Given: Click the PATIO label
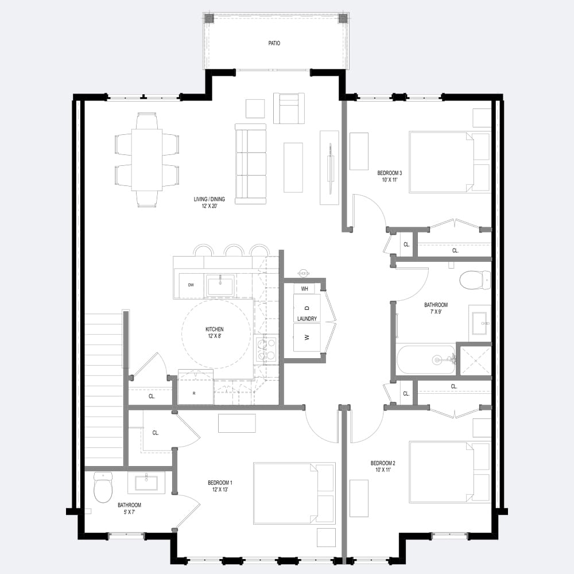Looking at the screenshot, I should tap(274, 43).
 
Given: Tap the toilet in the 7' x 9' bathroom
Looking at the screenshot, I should tap(474, 280).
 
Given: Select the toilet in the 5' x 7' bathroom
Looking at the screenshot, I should tap(103, 487).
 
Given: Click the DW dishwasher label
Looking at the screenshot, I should tap(191, 285).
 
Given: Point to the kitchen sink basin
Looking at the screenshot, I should tap(220, 285).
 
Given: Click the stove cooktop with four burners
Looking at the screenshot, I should tap(266, 350).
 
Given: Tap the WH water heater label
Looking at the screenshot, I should tap(305, 288).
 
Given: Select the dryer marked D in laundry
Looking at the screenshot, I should tap(307, 308).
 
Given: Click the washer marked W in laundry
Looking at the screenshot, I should tap(307, 338).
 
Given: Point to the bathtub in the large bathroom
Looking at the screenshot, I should tap(426, 360).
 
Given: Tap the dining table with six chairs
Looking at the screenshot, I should tap(147, 160).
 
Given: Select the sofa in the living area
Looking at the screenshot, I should tap(250, 164).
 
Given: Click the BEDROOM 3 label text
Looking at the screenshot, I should tap(387, 173).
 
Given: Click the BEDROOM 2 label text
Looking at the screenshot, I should tap(383, 463).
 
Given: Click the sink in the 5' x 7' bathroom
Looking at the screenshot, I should tap(146, 482).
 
